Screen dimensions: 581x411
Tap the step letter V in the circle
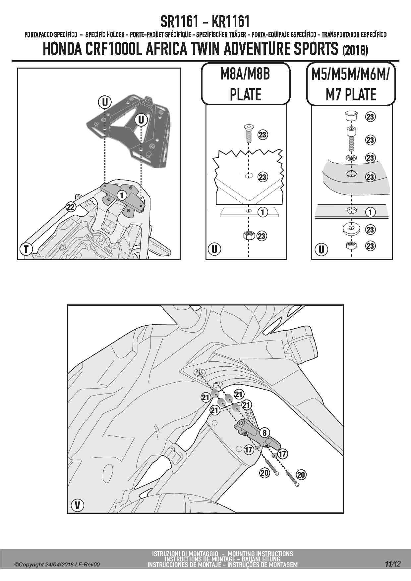pyautogui.click(x=78, y=505)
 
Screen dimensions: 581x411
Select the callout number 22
pyautogui.click(x=71, y=207)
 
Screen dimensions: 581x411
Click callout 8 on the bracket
pyautogui.click(x=264, y=433)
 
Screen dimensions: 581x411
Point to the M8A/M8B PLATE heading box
pyautogui.click(x=246, y=84)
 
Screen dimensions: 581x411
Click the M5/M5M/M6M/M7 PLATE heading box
pyautogui.click(x=351, y=84)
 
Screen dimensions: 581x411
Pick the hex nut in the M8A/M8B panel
pyautogui.click(x=249, y=236)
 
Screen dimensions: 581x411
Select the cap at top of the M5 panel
pyautogui.click(x=351, y=117)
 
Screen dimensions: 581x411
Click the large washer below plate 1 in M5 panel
pyautogui.click(x=351, y=229)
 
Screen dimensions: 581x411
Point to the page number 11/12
pyautogui.click(x=393, y=564)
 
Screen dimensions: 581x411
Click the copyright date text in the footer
pyautogui.click(x=57, y=565)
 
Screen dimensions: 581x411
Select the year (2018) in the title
pyautogui.click(x=354, y=50)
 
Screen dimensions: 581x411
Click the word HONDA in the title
pyautogui.click(x=62, y=49)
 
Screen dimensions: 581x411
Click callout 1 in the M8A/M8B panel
pyautogui.click(x=263, y=212)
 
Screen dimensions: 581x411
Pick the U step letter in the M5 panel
pyautogui.click(x=321, y=249)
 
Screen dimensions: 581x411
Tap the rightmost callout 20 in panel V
pyautogui.click(x=301, y=475)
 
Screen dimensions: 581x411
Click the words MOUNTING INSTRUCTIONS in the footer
pyautogui.click(x=260, y=554)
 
